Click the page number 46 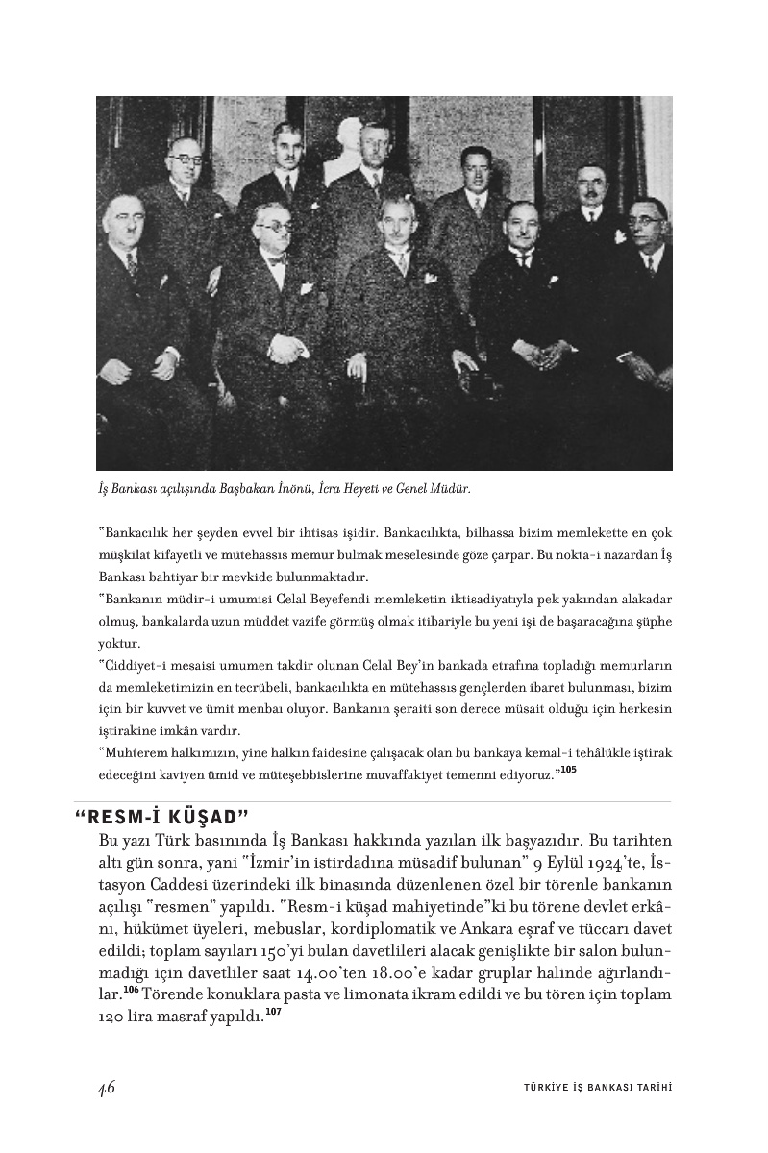tap(106, 1088)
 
